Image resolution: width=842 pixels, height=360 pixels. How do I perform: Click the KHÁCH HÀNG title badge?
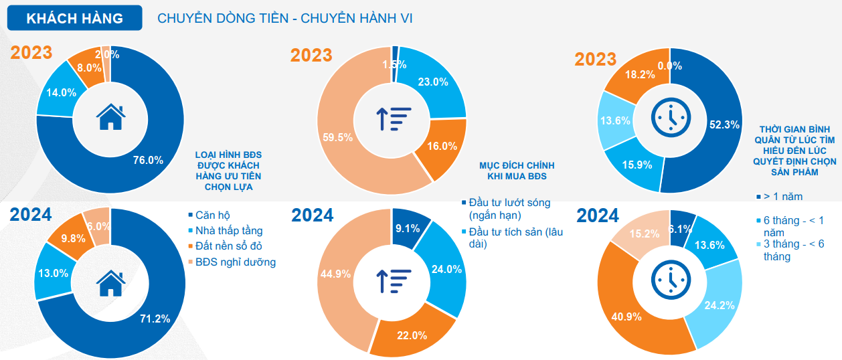pyautogui.click(x=74, y=18)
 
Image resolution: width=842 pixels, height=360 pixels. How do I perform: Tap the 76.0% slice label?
pyautogui.click(x=148, y=160)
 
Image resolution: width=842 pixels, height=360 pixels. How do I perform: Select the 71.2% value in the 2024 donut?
pyautogui.click(x=155, y=319)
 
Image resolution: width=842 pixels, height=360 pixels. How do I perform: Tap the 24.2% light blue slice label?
pyautogui.click(x=720, y=305)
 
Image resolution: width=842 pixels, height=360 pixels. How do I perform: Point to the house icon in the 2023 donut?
pyautogui.click(x=110, y=117)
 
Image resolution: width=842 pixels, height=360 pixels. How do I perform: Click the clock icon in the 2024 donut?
pyautogui.click(x=670, y=280)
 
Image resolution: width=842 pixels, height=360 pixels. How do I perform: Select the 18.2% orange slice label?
pyautogui.click(x=639, y=75)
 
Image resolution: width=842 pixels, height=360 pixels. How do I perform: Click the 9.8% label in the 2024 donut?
pyautogui.click(x=73, y=238)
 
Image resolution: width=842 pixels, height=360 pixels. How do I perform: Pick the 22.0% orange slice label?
pyautogui.click(x=412, y=335)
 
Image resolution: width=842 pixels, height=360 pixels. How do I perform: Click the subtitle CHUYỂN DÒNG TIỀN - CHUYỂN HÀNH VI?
pyautogui.click(x=284, y=18)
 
